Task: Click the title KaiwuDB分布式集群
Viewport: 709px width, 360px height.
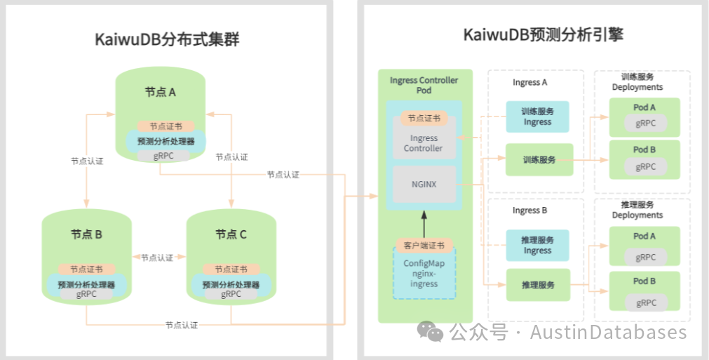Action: click(167, 40)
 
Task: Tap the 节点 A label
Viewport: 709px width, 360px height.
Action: click(161, 92)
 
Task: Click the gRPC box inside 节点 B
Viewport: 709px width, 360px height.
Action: click(87, 295)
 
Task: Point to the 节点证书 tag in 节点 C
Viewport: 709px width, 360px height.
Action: click(231, 269)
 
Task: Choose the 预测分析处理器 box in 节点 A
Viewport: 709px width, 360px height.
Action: click(166, 141)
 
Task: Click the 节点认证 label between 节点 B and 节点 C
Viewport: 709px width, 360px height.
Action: click(156, 258)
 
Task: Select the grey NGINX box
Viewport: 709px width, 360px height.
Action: click(424, 184)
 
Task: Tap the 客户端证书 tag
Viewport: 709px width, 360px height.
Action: click(424, 246)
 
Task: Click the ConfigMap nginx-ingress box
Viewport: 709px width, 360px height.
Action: click(424, 274)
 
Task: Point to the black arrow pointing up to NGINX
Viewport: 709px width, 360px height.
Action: click(424, 225)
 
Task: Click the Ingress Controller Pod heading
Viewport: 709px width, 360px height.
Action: click(424, 85)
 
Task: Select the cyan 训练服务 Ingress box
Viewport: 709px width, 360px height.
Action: click(537, 116)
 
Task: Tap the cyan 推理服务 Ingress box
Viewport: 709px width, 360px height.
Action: click(537, 245)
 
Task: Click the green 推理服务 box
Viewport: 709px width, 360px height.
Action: click(538, 286)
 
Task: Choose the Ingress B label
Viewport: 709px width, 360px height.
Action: click(530, 211)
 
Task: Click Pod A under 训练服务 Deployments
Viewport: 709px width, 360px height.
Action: click(644, 108)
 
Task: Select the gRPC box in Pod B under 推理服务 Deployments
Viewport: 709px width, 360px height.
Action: click(645, 302)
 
